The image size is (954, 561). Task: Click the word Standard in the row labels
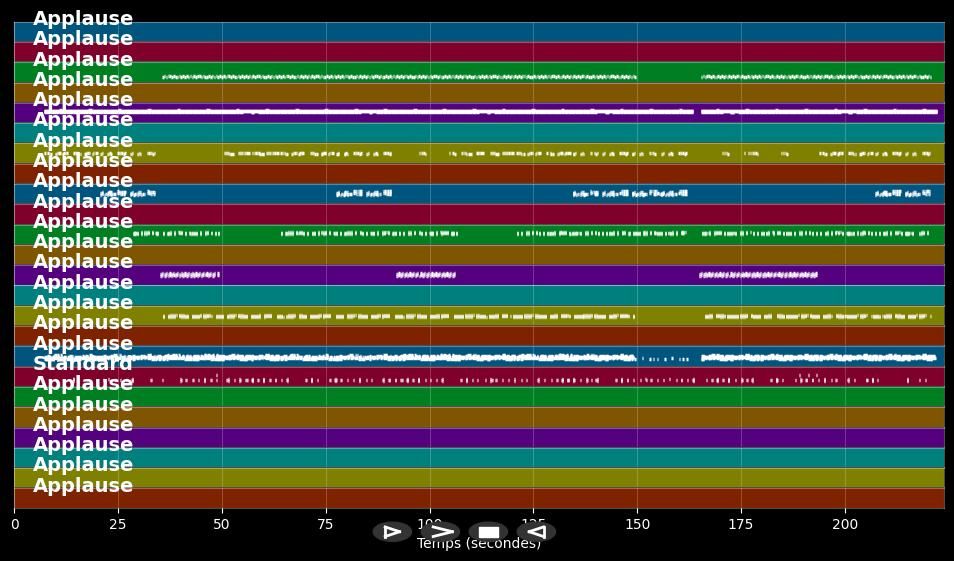pos(82,364)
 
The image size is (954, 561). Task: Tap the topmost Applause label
pos(82,19)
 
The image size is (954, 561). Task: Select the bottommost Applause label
pos(82,486)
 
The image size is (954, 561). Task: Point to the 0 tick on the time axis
pos(14,523)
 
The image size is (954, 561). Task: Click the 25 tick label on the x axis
pos(118,523)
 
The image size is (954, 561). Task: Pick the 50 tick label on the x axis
pos(222,523)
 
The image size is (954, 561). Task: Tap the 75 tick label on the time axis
pos(326,523)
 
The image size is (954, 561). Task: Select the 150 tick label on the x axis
pos(637,523)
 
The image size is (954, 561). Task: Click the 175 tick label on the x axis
pos(741,523)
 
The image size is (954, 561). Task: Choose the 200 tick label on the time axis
pos(845,523)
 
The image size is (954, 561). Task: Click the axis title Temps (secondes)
pos(478,544)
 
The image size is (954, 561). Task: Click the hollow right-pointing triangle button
pos(392,532)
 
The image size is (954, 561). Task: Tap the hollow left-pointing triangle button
pos(536,532)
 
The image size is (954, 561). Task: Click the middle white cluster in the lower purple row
pos(426,274)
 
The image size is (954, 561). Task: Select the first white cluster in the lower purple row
pos(189,274)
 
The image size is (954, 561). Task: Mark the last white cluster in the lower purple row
pos(758,274)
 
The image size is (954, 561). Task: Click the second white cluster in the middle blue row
pos(364,193)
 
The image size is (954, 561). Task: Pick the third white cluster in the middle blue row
pos(630,193)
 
